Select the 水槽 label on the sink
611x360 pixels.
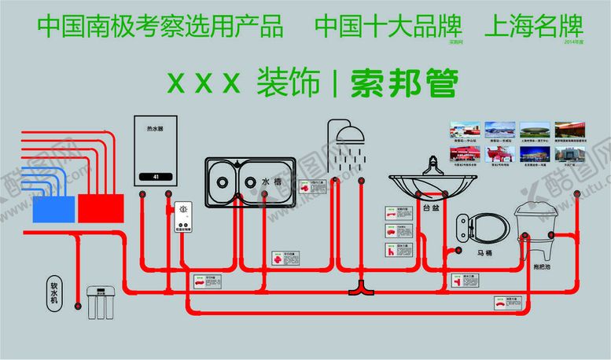point(271,182)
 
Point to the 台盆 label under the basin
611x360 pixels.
point(431,208)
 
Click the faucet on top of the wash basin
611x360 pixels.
point(432,166)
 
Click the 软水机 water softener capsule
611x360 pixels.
point(54,292)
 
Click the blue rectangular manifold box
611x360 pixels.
point(53,208)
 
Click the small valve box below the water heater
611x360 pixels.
point(183,215)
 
